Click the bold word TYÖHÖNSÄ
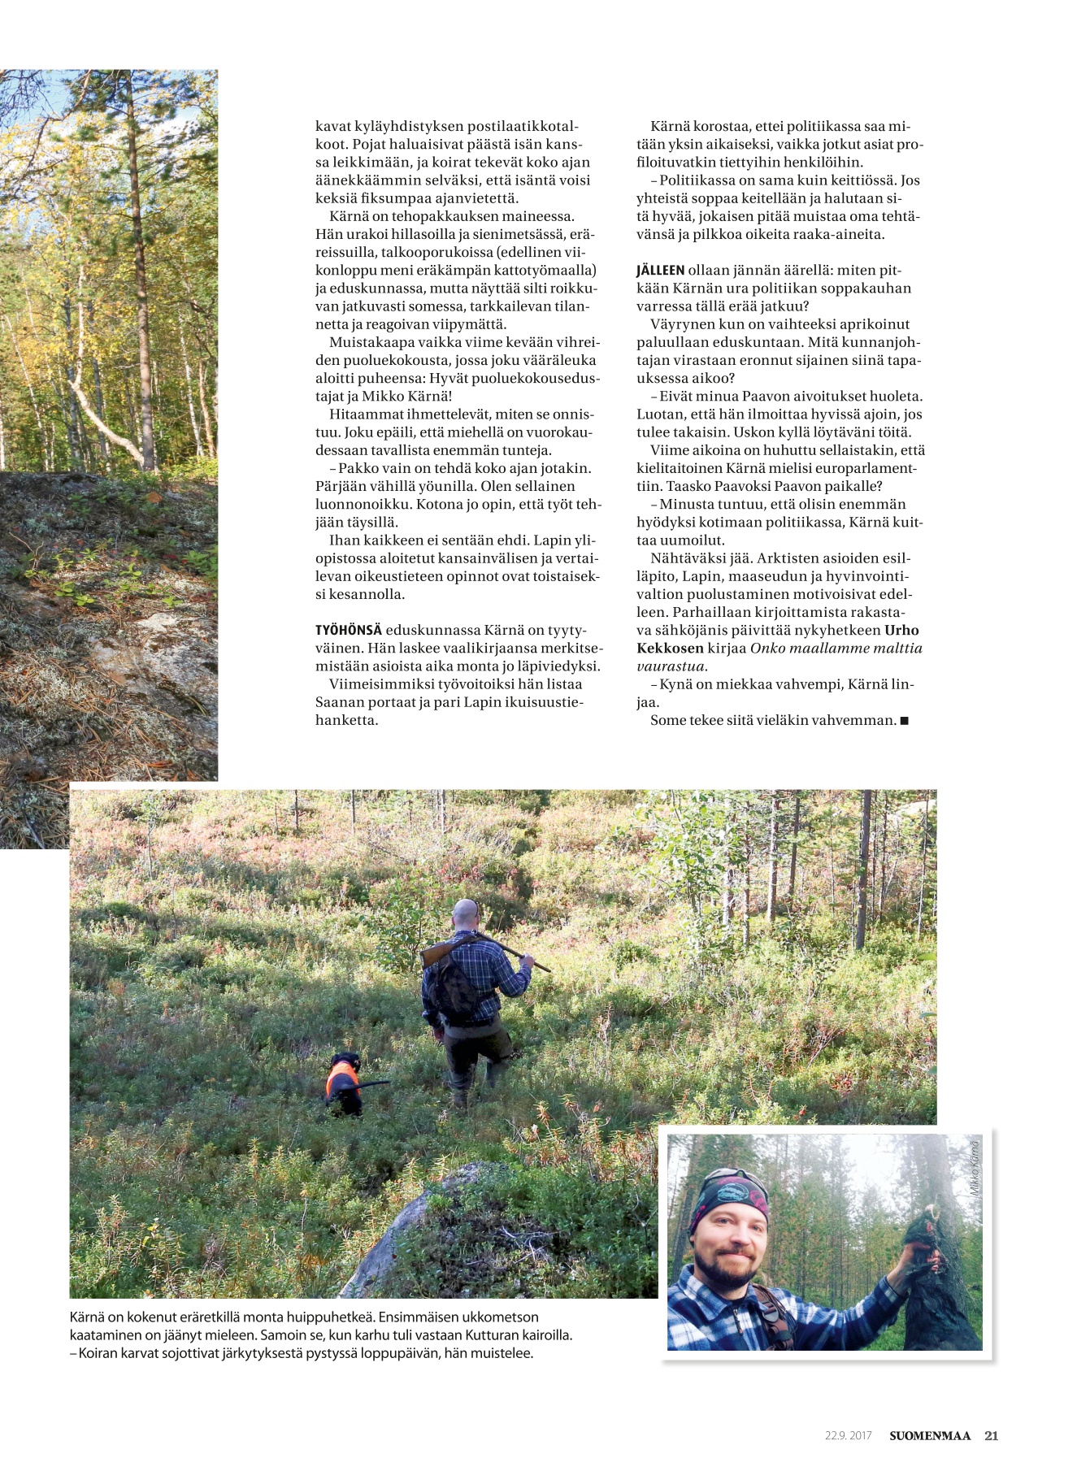[x=348, y=631]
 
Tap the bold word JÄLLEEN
[x=661, y=271]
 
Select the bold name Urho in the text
[x=901, y=631]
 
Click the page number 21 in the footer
[x=991, y=1435]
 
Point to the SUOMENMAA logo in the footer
[x=929, y=1435]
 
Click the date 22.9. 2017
[x=848, y=1435]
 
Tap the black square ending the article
[x=905, y=721]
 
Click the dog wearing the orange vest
[x=345, y=1084]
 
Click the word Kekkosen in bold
[x=670, y=649]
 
